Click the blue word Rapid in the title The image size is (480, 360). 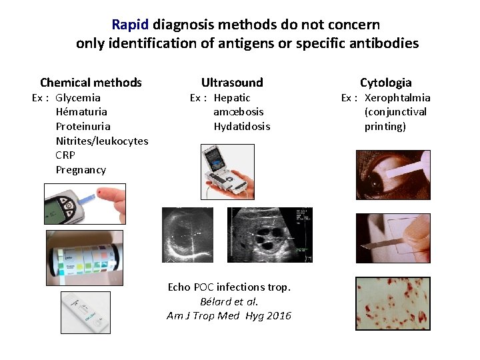click(x=131, y=25)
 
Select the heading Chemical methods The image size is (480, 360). click(x=91, y=83)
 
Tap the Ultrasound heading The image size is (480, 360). click(x=232, y=83)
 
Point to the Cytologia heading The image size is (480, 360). click(x=385, y=83)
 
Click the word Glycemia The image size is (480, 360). click(x=78, y=98)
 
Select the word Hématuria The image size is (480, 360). click(x=81, y=112)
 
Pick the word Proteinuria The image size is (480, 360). click(x=83, y=127)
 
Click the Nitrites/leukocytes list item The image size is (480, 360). click(x=102, y=141)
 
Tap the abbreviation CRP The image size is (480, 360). click(x=65, y=155)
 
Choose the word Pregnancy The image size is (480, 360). click(x=81, y=170)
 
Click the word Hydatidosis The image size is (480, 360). click(x=242, y=127)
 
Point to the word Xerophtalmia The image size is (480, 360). click(x=397, y=98)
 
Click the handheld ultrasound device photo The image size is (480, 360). click(x=227, y=172)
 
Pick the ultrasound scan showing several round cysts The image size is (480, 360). click(x=270, y=235)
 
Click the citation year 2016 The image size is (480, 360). click(x=279, y=316)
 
